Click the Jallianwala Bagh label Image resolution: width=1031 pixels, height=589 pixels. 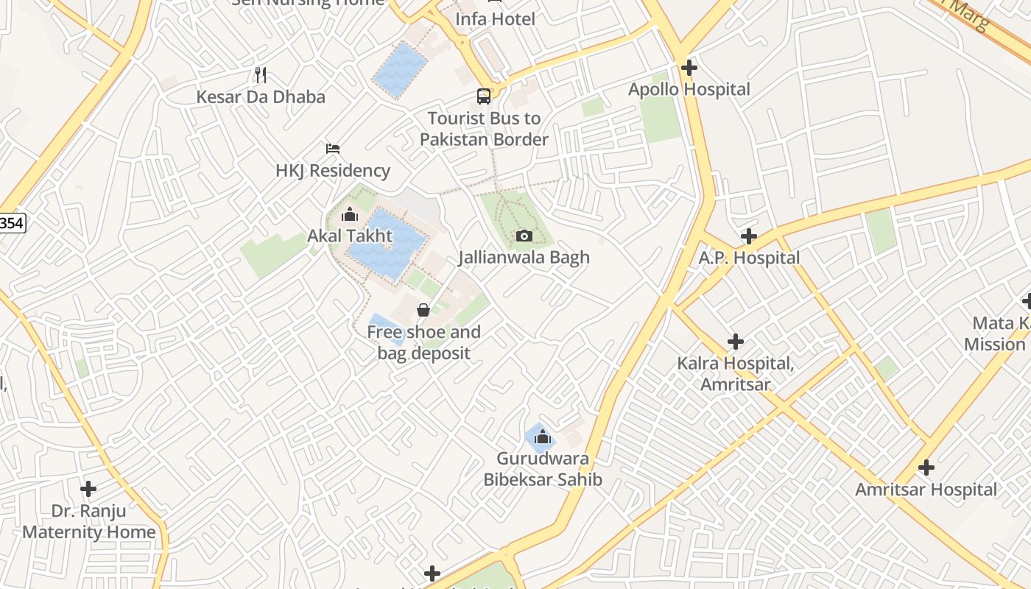[x=524, y=258]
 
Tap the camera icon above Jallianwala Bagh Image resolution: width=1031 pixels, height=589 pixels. [x=524, y=236]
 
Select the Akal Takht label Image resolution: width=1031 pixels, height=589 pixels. [x=350, y=236]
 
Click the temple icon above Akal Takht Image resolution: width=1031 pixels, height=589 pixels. [x=350, y=215]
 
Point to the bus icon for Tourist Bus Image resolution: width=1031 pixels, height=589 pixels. [x=484, y=96]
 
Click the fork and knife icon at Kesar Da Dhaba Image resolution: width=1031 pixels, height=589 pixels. [x=260, y=74]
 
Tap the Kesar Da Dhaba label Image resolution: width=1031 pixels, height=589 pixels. [x=260, y=97]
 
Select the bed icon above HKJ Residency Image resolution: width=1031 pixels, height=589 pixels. [x=333, y=149]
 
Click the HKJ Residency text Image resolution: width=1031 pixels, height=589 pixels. [x=333, y=171]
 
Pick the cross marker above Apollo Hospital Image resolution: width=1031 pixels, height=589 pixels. [x=689, y=68]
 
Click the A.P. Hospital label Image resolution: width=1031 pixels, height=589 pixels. [x=749, y=258]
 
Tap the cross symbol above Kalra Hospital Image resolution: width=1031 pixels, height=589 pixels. [x=735, y=342]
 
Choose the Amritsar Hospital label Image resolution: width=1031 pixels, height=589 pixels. [x=926, y=490]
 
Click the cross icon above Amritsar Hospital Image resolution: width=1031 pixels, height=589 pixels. [x=926, y=468]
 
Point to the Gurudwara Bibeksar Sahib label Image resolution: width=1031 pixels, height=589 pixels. [x=543, y=469]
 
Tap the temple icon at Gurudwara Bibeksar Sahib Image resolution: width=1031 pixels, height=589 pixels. [x=543, y=437]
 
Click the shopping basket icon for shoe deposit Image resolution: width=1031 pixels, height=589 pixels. [x=423, y=310]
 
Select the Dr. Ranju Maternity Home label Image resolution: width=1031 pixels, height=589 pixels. [x=88, y=521]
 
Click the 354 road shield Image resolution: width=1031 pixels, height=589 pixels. [x=12, y=223]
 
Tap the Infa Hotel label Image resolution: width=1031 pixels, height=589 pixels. [x=495, y=18]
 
